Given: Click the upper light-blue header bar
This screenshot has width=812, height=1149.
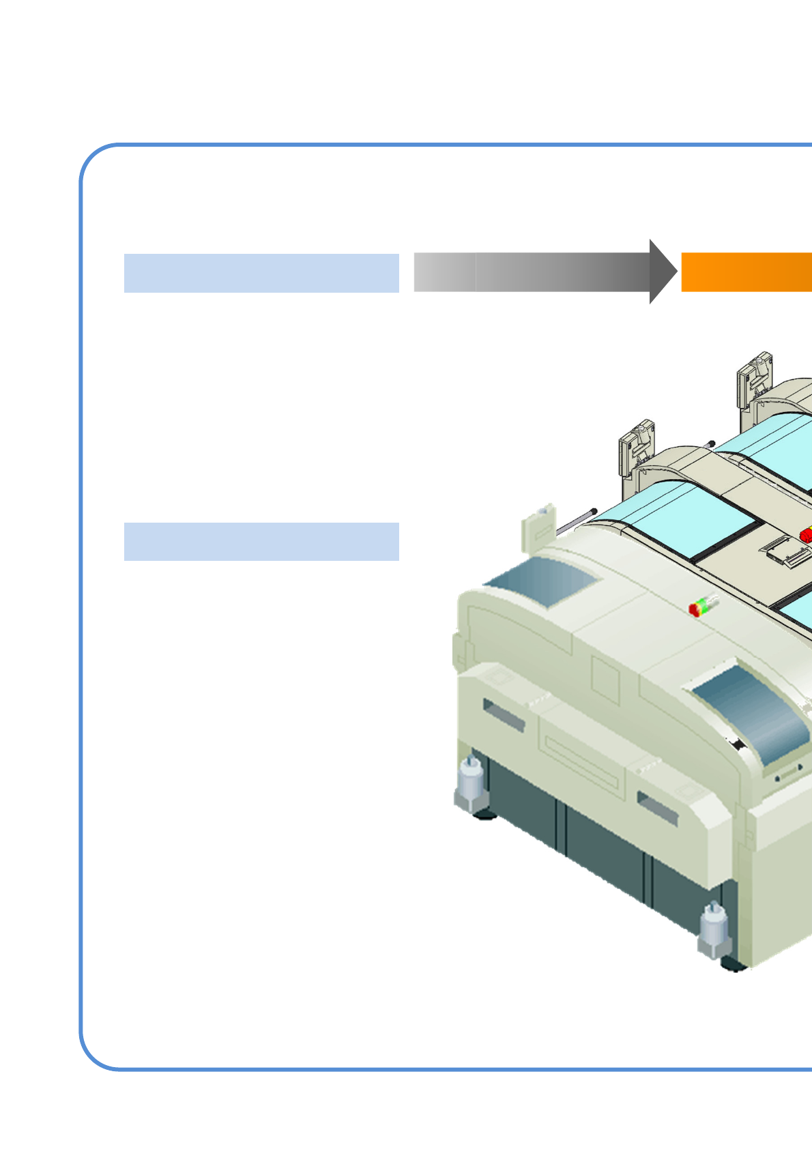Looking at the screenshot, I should pos(261,273).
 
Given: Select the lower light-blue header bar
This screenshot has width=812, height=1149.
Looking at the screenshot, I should pos(261,542).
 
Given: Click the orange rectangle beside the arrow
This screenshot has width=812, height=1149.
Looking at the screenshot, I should pos(746,272).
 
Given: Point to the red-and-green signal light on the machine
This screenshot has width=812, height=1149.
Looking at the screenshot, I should pos(703,605).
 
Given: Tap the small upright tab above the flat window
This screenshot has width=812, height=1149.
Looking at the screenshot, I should pos(538,528).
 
